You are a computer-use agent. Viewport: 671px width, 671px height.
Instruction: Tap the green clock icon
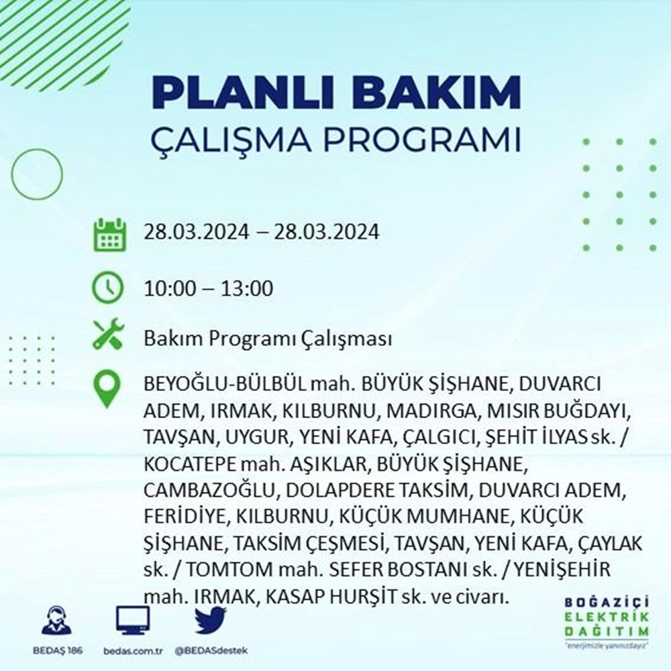[107, 290]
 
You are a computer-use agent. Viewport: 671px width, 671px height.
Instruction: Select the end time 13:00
[250, 290]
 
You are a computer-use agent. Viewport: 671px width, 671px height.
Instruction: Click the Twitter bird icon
[211, 621]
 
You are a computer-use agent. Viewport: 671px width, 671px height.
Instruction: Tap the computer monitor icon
[132, 621]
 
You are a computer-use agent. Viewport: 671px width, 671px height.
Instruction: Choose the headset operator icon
[55, 621]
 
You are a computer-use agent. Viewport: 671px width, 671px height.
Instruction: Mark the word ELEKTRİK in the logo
[608, 619]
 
